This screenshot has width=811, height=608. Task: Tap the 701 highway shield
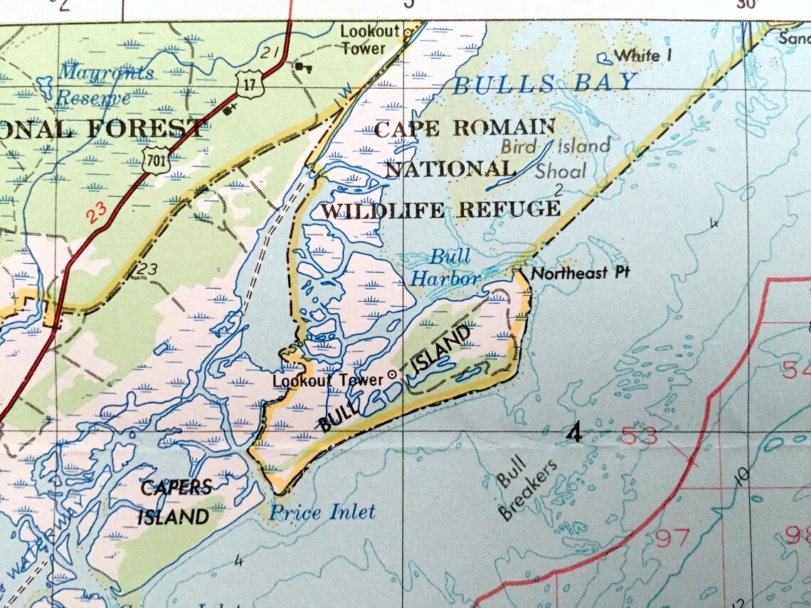pyautogui.click(x=156, y=161)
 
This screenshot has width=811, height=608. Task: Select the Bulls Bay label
pyautogui.click(x=544, y=84)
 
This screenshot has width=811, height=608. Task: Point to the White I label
pyautogui.click(x=643, y=55)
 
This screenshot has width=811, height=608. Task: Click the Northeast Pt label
pyautogui.click(x=581, y=273)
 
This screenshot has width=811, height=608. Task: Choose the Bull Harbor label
pyautogui.click(x=446, y=267)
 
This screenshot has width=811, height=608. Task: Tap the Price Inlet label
pyautogui.click(x=322, y=512)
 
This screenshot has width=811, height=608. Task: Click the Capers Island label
pyautogui.click(x=175, y=501)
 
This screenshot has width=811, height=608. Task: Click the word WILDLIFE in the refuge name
pyautogui.click(x=385, y=210)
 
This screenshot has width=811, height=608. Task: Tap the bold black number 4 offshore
pyautogui.click(x=575, y=432)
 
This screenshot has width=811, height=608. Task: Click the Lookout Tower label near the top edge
pyautogui.click(x=365, y=41)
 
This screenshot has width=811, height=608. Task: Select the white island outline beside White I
pyautogui.click(x=603, y=57)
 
